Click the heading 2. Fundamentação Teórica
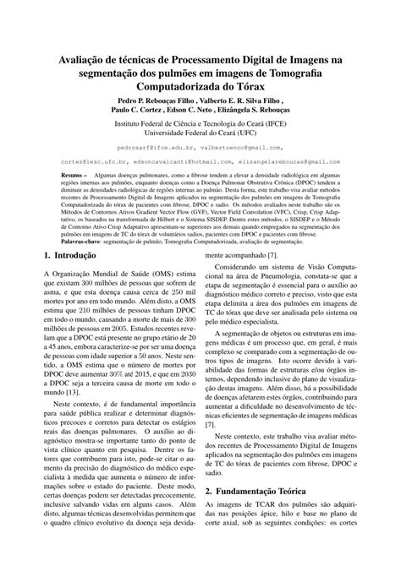[272, 490]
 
